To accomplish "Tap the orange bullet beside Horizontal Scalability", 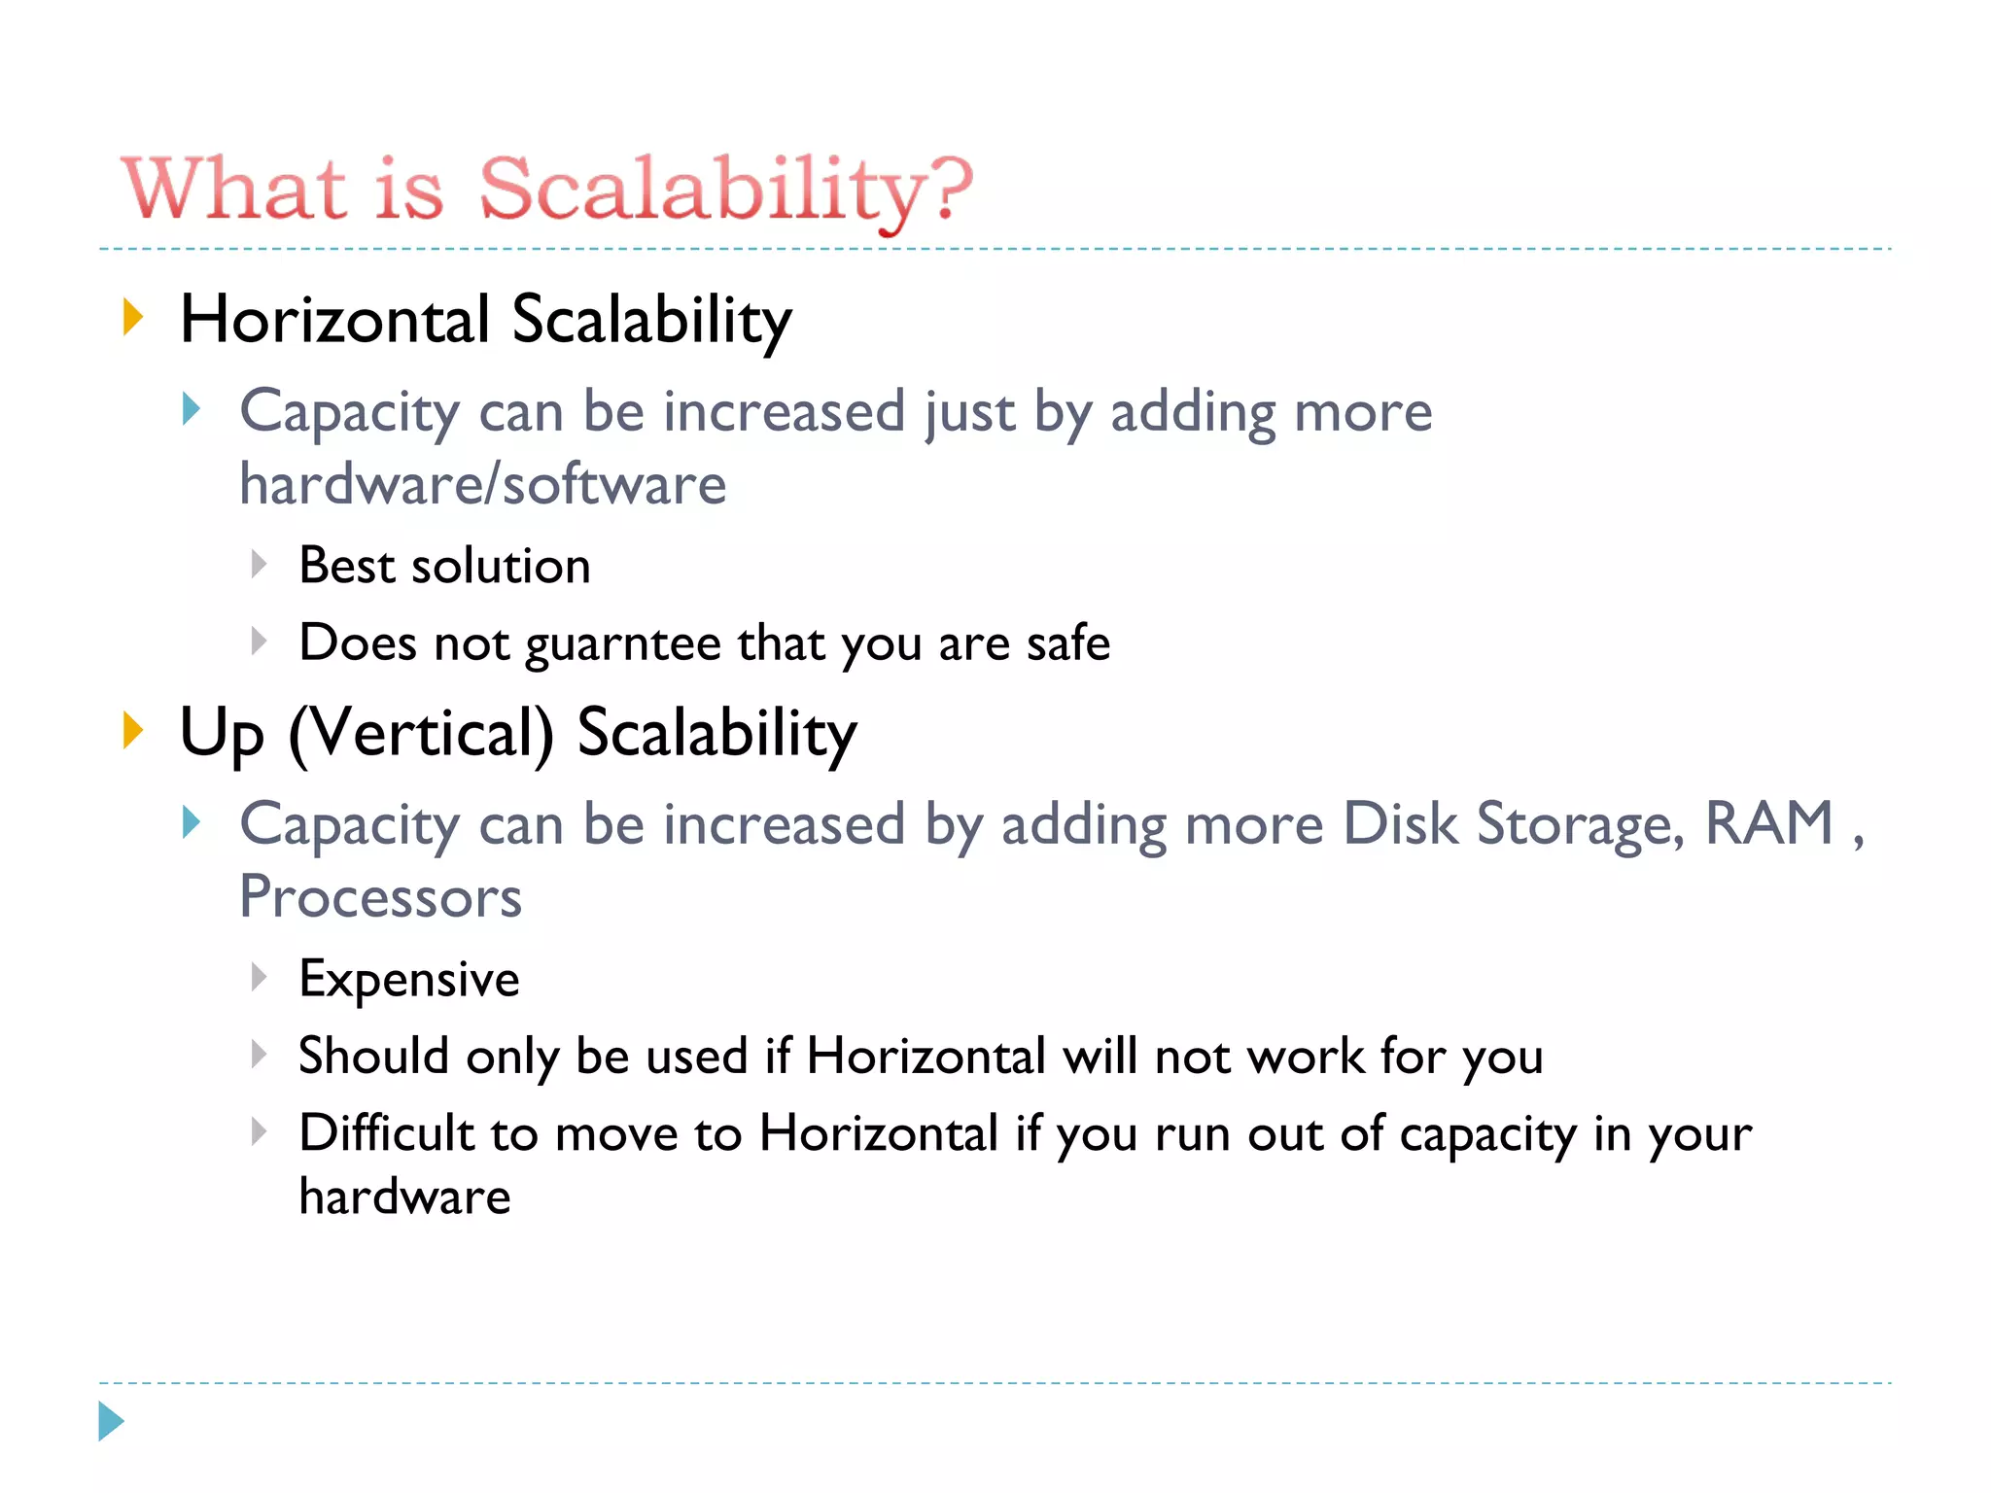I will coord(133,318).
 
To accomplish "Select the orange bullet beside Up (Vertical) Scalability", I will coord(133,731).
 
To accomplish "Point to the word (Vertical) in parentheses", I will coord(421,733).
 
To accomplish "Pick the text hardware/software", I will coord(482,484).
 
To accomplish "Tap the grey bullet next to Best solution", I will coord(259,564).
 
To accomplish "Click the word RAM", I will coord(1769,823).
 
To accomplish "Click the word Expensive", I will coord(409,979).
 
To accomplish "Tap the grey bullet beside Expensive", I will coord(259,976).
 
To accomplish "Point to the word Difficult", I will coord(385,1133).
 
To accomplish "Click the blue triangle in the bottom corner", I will coord(111,1421).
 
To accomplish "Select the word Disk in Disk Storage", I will coord(1400,823).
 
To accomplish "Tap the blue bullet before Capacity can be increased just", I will coord(192,409).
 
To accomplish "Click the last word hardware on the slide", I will coord(404,1197).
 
